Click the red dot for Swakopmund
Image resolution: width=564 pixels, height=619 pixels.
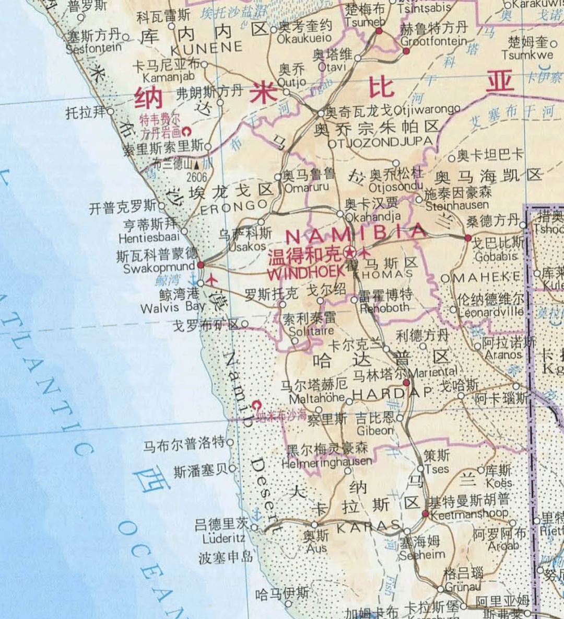[201, 265]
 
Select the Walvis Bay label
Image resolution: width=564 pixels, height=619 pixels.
[173, 307]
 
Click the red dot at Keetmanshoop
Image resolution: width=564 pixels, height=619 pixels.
[426, 514]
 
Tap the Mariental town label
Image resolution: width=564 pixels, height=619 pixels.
[433, 372]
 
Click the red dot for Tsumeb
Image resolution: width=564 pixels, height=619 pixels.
[379, 31]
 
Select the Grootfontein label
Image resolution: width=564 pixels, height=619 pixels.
[433, 41]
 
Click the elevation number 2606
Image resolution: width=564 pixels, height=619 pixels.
[196, 177]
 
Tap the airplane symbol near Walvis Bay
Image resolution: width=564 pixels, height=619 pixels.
[212, 279]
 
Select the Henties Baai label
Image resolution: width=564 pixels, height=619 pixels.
[149, 238]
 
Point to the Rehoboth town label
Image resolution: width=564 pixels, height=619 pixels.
[385, 308]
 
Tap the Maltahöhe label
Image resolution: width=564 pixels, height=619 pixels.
[318, 398]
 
